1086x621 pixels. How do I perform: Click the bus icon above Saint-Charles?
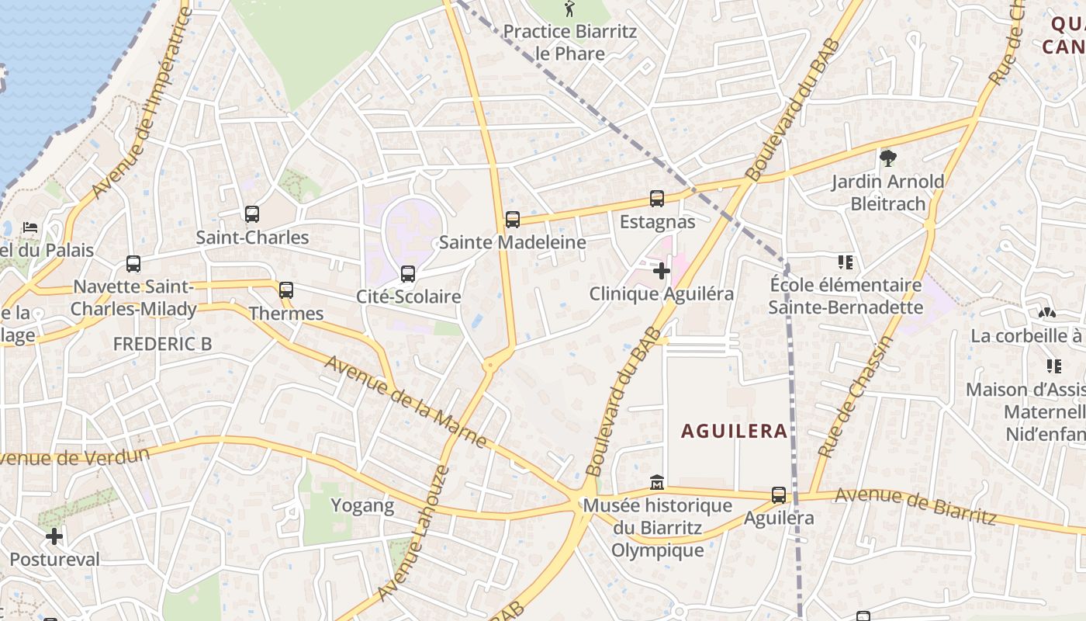(x=251, y=214)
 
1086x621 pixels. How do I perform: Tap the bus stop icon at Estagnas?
(x=657, y=199)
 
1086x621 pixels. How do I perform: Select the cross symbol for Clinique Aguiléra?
(x=661, y=271)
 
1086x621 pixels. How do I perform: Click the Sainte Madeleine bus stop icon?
(x=513, y=220)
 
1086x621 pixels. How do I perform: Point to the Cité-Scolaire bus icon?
(x=408, y=274)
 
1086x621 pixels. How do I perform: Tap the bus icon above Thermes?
(x=286, y=290)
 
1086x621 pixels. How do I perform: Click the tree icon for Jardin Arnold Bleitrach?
(x=888, y=159)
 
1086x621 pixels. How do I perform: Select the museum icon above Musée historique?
(x=657, y=483)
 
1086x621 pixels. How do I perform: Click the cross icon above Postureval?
(x=54, y=536)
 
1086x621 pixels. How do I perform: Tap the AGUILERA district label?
(x=734, y=431)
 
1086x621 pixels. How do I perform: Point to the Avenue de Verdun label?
(x=74, y=456)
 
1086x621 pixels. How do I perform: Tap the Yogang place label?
(x=362, y=506)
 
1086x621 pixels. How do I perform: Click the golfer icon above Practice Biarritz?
(x=570, y=9)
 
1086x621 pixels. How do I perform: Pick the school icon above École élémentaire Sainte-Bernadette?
(x=845, y=262)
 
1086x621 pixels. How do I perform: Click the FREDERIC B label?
(x=162, y=344)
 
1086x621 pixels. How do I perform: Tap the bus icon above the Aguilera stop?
(x=778, y=495)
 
